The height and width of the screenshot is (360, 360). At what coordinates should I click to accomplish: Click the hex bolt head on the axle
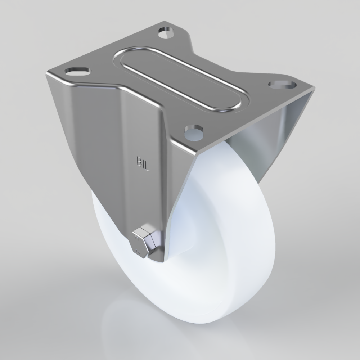point(145,242)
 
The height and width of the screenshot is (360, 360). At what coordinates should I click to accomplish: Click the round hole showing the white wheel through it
point(194,132)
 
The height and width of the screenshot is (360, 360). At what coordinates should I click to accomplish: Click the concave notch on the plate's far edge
point(230,61)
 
